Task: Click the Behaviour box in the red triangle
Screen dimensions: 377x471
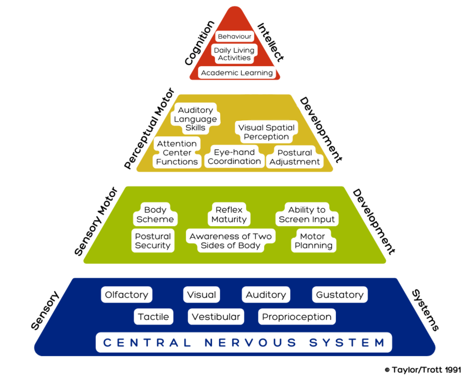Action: tap(235, 36)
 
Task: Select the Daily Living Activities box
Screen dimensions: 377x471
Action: tap(234, 54)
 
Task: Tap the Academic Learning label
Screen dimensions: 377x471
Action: tap(237, 73)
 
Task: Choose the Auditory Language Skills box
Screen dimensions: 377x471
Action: tap(195, 119)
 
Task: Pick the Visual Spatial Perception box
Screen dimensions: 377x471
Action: tap(266, 132)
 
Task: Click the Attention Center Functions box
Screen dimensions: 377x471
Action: tap(177, 153)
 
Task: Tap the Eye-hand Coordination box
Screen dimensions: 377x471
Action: tap(234, 157)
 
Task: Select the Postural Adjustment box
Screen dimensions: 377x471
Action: tap(294, 157)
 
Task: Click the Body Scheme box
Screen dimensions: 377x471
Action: tap(155, 214)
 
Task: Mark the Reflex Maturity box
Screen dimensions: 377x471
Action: tap(229, 214)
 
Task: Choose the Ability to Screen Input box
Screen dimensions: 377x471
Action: tap(307, 214)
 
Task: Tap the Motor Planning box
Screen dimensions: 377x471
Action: tap(313, 241)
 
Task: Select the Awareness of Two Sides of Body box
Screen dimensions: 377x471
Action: tap(231, 241)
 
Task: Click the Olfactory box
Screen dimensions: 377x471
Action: tap(127, 295)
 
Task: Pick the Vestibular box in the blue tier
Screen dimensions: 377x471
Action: tap(216, 316)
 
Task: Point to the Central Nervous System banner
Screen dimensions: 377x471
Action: tap(244, 342)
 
